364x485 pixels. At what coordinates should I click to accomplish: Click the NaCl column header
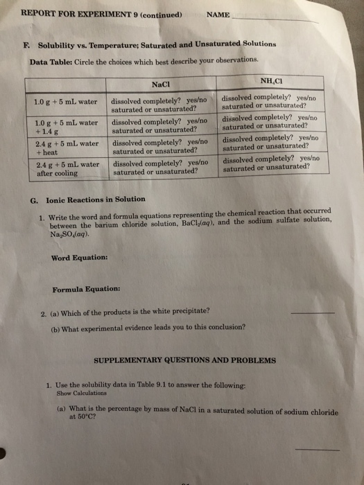tap(160, 85)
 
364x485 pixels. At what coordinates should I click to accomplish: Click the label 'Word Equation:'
tap(79, 258)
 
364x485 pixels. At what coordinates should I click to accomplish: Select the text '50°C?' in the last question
tap(83, 418)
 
